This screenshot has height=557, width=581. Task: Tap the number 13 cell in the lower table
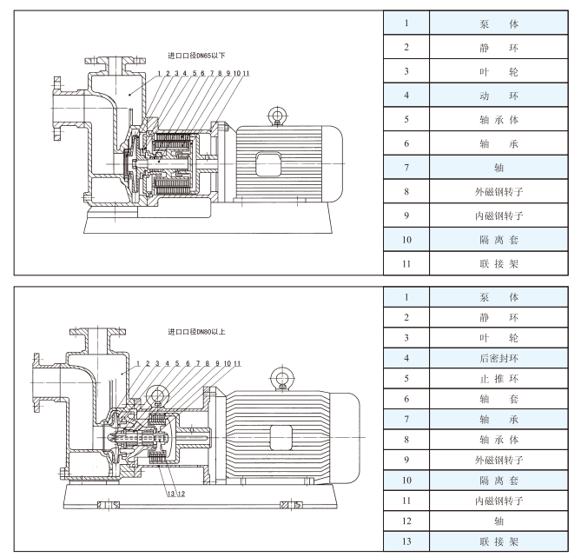[406, 541]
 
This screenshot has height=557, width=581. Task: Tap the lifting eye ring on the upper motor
[277, 114]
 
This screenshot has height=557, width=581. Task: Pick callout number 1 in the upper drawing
[160, 74]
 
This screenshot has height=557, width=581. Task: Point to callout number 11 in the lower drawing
[236, 361]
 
